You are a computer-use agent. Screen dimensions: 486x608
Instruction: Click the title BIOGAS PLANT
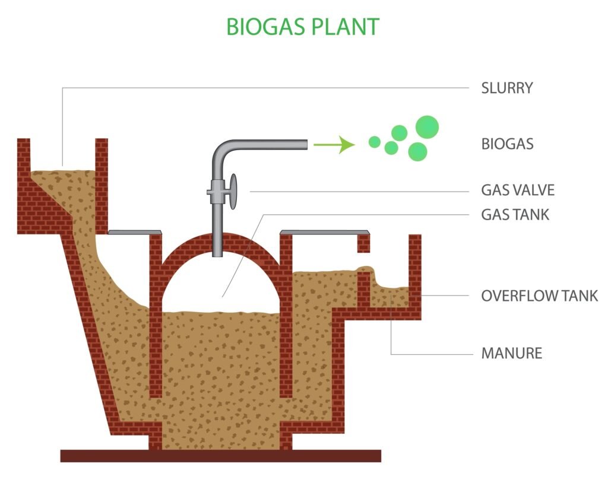[303, 27]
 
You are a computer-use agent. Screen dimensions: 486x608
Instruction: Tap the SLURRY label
[506, 88]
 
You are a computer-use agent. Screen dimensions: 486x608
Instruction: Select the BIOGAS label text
[507, 144]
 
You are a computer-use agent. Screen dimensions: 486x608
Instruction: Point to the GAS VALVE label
[518, 190]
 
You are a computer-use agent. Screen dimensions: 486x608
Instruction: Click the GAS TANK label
[515, 214]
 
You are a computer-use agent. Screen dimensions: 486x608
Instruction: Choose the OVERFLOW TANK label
[539, 296]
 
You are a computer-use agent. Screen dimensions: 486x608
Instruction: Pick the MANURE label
[511, 354]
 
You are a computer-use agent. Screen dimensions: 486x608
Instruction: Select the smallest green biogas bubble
[374, 142]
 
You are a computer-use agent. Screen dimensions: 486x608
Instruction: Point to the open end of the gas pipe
[305, 144]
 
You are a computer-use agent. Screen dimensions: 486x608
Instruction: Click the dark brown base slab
[220, 456]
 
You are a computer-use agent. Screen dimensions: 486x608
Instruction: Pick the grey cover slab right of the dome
[324, 231]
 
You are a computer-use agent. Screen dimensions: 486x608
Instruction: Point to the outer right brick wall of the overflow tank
[415, 267]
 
